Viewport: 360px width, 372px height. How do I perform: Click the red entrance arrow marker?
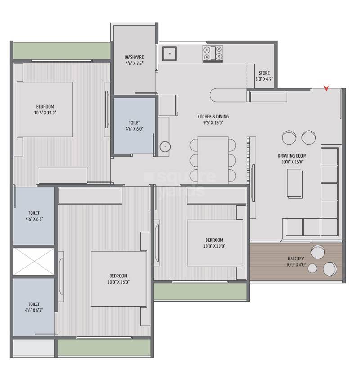click(x=327, y=88)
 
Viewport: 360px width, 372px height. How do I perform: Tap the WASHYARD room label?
click(x=134, y=57)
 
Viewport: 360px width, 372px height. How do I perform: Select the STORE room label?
click(x=264, y=73)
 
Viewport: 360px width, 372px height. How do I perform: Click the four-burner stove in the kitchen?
click(x=213, y=53)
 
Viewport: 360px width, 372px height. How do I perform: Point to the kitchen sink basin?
click(x=170, y=53)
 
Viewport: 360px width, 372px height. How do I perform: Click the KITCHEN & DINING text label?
click(x=211, y=117)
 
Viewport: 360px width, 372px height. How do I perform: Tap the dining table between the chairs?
click(x=213, y=158)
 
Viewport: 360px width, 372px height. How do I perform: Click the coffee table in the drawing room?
click(x=294, y=183)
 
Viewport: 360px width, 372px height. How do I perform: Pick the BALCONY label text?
click(x=296, y=259)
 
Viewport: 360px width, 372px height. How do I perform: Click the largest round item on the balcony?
click(x=330, y=268)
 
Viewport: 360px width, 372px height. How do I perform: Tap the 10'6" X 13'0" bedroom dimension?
click(x=45, y=113)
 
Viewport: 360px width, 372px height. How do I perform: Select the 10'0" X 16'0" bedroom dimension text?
click(x=118, y=282)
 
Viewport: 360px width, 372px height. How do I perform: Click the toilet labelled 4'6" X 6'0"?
click(x=134, y=126)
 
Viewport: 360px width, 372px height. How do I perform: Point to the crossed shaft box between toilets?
click(x=34, y=261)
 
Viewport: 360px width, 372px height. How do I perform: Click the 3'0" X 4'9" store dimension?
click(x=264, y=79)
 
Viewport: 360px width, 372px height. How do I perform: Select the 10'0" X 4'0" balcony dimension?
click(x=296, y=265)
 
